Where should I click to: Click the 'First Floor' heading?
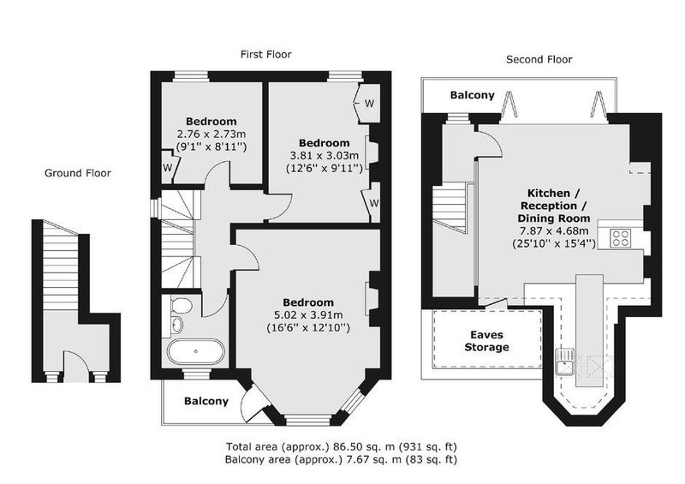pos(265,54)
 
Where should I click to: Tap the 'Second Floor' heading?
pos(539,59)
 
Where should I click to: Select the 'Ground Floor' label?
pos(78,173)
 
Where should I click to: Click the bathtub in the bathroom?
pos(196,351)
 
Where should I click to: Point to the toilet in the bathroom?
pos(181,305)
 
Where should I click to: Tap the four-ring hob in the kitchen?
pos(621,239)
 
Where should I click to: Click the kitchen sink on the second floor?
pos(565,362)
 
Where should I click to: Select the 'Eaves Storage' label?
pos(486,341)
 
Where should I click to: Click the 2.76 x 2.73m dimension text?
pos(211,134)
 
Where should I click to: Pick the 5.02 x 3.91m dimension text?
pos(308,314)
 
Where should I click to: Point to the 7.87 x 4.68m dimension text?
pos(553,230)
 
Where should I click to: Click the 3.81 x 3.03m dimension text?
pos(325,155)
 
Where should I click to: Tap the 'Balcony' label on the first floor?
pos(206,401)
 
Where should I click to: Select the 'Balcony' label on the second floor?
pos(473,95)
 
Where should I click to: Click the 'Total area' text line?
pos(341,447)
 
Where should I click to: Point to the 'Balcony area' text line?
pos(341,459)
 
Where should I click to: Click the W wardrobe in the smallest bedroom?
pos(168,166)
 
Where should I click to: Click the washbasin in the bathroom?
pos(177,324)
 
